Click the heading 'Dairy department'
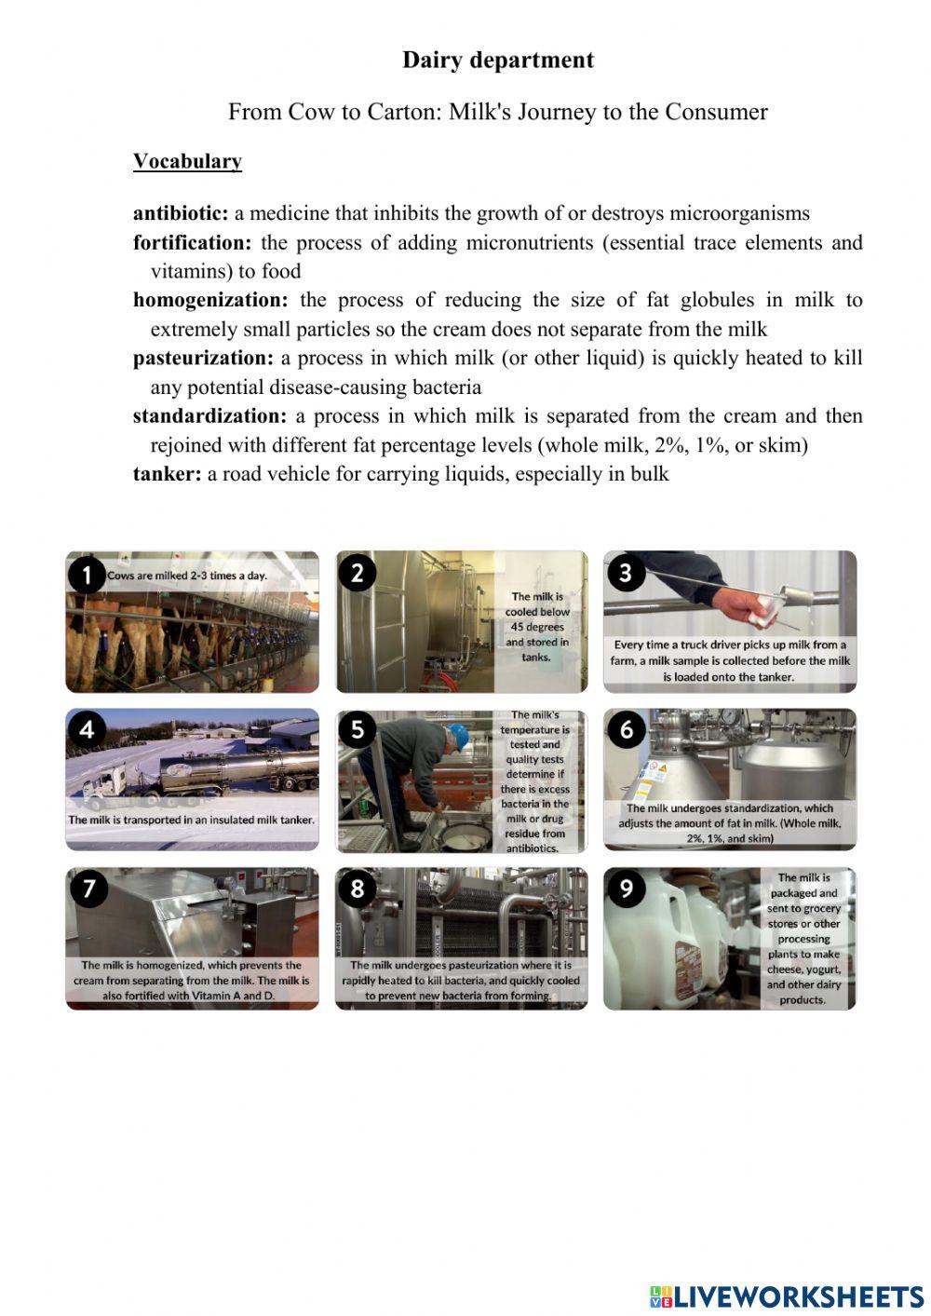click(497, 61)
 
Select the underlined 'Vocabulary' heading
click(187, 161)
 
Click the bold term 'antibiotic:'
click(180, 213)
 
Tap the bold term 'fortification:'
click(192, 243)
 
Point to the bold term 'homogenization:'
click(210, 301)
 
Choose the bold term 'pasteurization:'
click(203, 359)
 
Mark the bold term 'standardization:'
click(209, 416)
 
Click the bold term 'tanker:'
click(167, 474)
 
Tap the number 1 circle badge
click(87, 575)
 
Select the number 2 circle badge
click(358, 573)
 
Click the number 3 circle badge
click(626, 573)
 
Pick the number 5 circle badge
click(358, 730)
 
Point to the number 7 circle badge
click(88, 889)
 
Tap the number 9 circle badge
click(626, 889)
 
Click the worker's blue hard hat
click(457, 734)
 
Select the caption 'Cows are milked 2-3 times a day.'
click(187, 576)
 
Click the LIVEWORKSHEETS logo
click(787, 1296)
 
